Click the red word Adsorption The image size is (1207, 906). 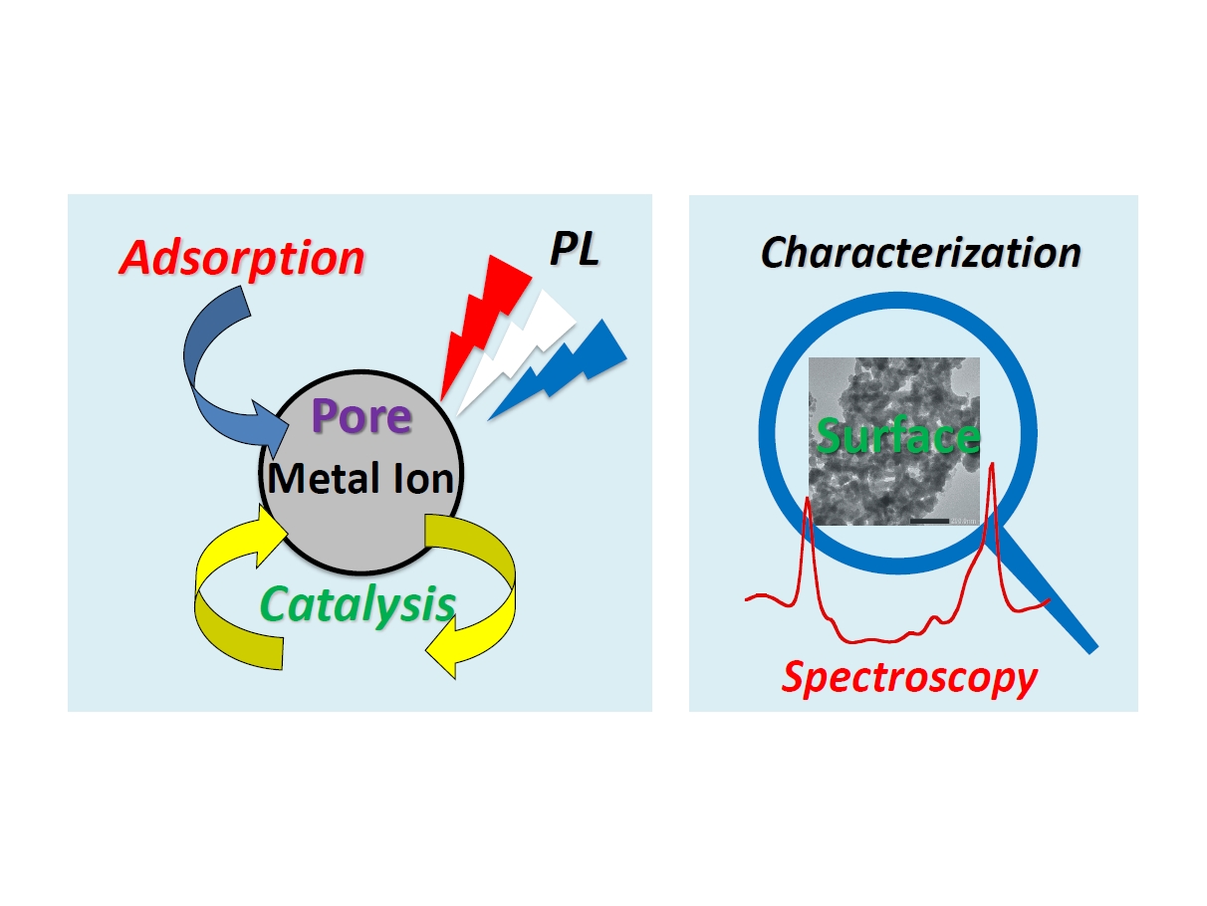(242, 257)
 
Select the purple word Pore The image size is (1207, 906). (362, 417)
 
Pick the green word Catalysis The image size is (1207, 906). (358, 605)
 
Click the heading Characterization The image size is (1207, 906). (920, 252)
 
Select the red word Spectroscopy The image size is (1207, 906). (909, 678)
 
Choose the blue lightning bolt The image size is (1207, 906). (569, 367)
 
